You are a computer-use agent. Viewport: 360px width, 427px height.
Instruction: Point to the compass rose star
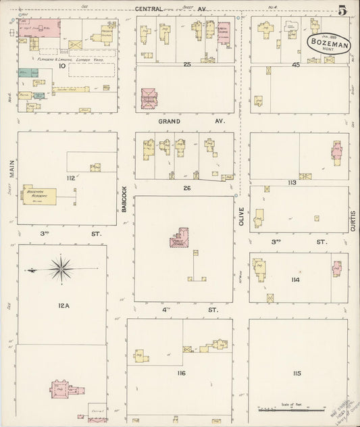[61, 270]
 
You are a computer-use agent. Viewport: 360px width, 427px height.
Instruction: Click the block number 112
[70, 178]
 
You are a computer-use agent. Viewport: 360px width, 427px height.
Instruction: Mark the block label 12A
[63, 305]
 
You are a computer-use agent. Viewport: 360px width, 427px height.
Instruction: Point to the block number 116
[181, 373]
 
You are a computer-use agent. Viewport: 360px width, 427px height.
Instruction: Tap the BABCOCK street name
[125, 201]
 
